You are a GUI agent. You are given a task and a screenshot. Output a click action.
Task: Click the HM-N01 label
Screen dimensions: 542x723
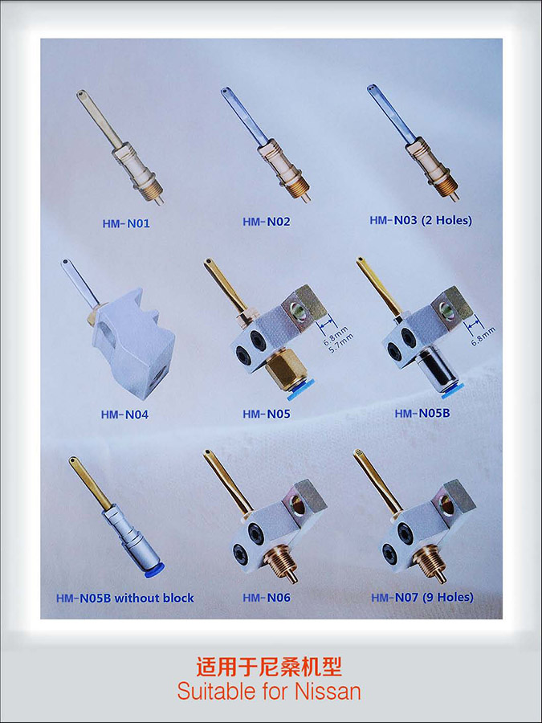point(126,224)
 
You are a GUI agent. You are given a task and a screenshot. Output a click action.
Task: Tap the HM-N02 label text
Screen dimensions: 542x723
point(267,222)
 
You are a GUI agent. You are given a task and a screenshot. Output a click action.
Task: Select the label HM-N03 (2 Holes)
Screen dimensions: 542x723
point(421,220)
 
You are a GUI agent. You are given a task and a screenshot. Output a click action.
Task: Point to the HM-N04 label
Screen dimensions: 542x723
point(124,415)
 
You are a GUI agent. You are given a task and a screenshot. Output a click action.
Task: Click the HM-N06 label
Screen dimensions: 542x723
point(267,598)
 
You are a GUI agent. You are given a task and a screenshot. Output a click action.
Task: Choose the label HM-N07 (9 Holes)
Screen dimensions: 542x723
point(422,597)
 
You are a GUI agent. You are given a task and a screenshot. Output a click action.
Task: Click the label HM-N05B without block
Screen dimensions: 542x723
point(125,598)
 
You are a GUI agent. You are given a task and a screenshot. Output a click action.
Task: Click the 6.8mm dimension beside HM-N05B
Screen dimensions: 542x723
point(483,336)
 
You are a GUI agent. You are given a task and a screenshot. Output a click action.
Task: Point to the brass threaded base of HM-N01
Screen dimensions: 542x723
point(151,190)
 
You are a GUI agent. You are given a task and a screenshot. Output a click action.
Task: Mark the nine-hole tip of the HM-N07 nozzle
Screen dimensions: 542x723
point(358,454)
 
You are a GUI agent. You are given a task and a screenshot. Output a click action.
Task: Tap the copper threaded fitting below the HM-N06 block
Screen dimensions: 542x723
point(280,563)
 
